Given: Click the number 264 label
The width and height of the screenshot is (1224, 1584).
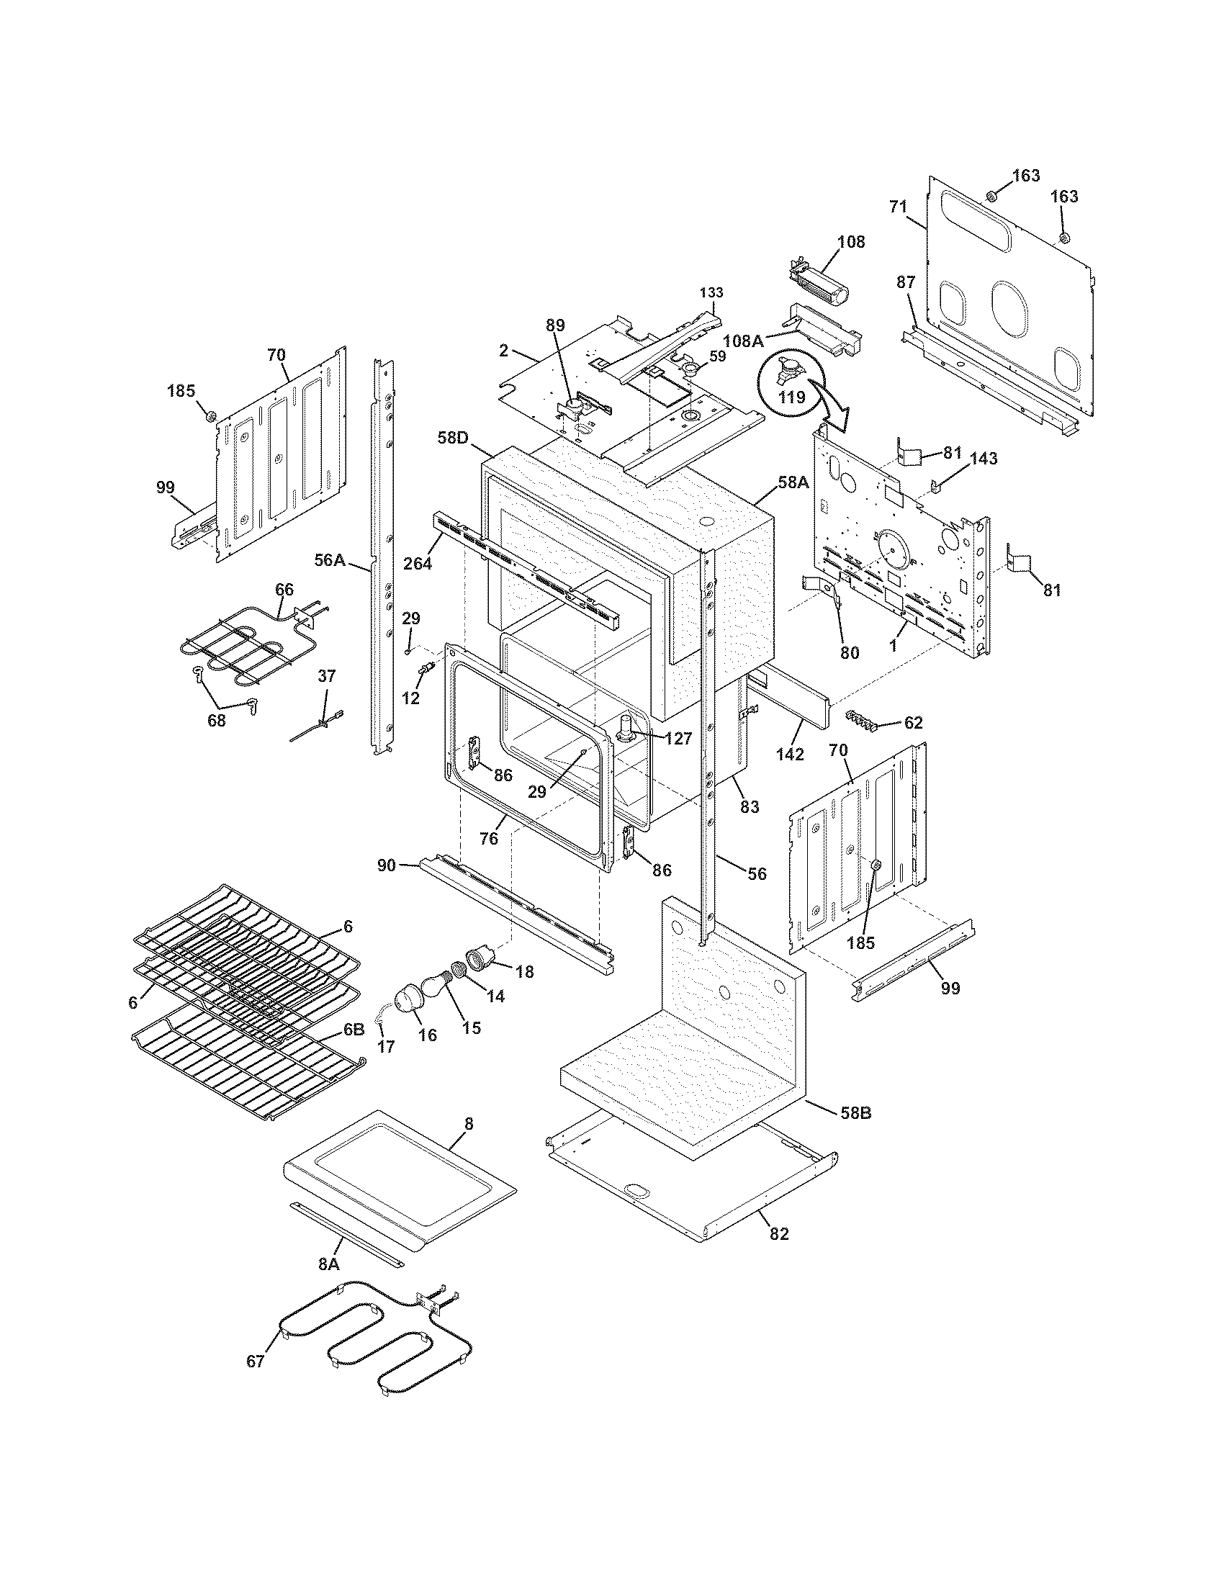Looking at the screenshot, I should (418, 562).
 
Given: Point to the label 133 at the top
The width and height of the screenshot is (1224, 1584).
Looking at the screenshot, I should (711, 292).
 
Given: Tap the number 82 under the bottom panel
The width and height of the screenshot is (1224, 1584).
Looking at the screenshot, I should (779, 1233).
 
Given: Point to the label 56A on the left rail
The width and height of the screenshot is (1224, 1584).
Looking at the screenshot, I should (329, 559).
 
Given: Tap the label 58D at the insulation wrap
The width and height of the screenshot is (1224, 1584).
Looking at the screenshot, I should (453, 438).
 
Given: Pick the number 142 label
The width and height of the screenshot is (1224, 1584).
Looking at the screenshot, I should (789, 754).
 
